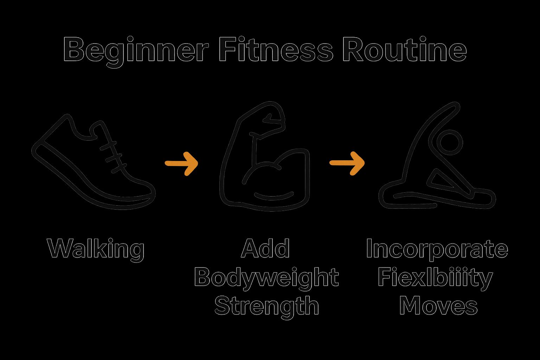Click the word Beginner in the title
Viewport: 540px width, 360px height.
(x=136, y=50)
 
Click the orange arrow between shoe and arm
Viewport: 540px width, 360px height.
(x=181, y=163)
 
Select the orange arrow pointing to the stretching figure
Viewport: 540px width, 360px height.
(x=347, y=163)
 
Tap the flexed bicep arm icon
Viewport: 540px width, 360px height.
(x=265, y=158)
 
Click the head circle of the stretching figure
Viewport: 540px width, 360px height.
(x=450, y=142)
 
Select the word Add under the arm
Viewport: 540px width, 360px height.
(x=265, y=249)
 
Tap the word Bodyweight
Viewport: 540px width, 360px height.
(x=266, y=278)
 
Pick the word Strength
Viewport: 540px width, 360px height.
(x=266, y=306)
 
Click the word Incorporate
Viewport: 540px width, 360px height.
(x=437, y=249)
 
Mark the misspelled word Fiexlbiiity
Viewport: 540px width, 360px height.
(x=435, y=278)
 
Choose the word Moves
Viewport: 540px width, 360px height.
(x=438, y=306)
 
